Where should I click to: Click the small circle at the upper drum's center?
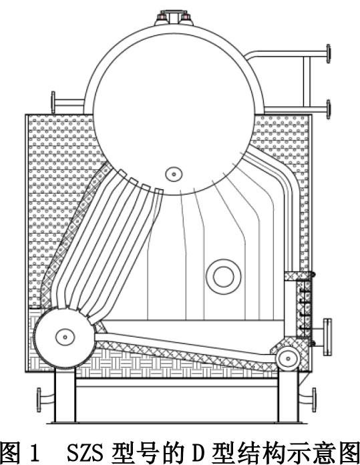click(174, 174)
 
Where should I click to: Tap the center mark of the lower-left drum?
click(65, 337)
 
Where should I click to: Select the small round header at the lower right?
click(288, 359)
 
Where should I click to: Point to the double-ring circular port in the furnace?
click(224, 277)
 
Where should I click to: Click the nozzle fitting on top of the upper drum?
click(174, 18)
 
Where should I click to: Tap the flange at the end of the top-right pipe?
click(328, 53)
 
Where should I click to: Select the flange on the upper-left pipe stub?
click(53, 102)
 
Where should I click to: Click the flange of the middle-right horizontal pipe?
click(328, 110)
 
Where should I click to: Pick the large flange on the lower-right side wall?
click(327, 337)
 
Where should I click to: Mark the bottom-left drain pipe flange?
click(39, 400)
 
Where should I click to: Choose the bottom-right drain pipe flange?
click(314, 400)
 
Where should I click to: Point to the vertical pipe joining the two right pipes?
click(307, 82)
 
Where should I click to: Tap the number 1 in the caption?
click(35, 452)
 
